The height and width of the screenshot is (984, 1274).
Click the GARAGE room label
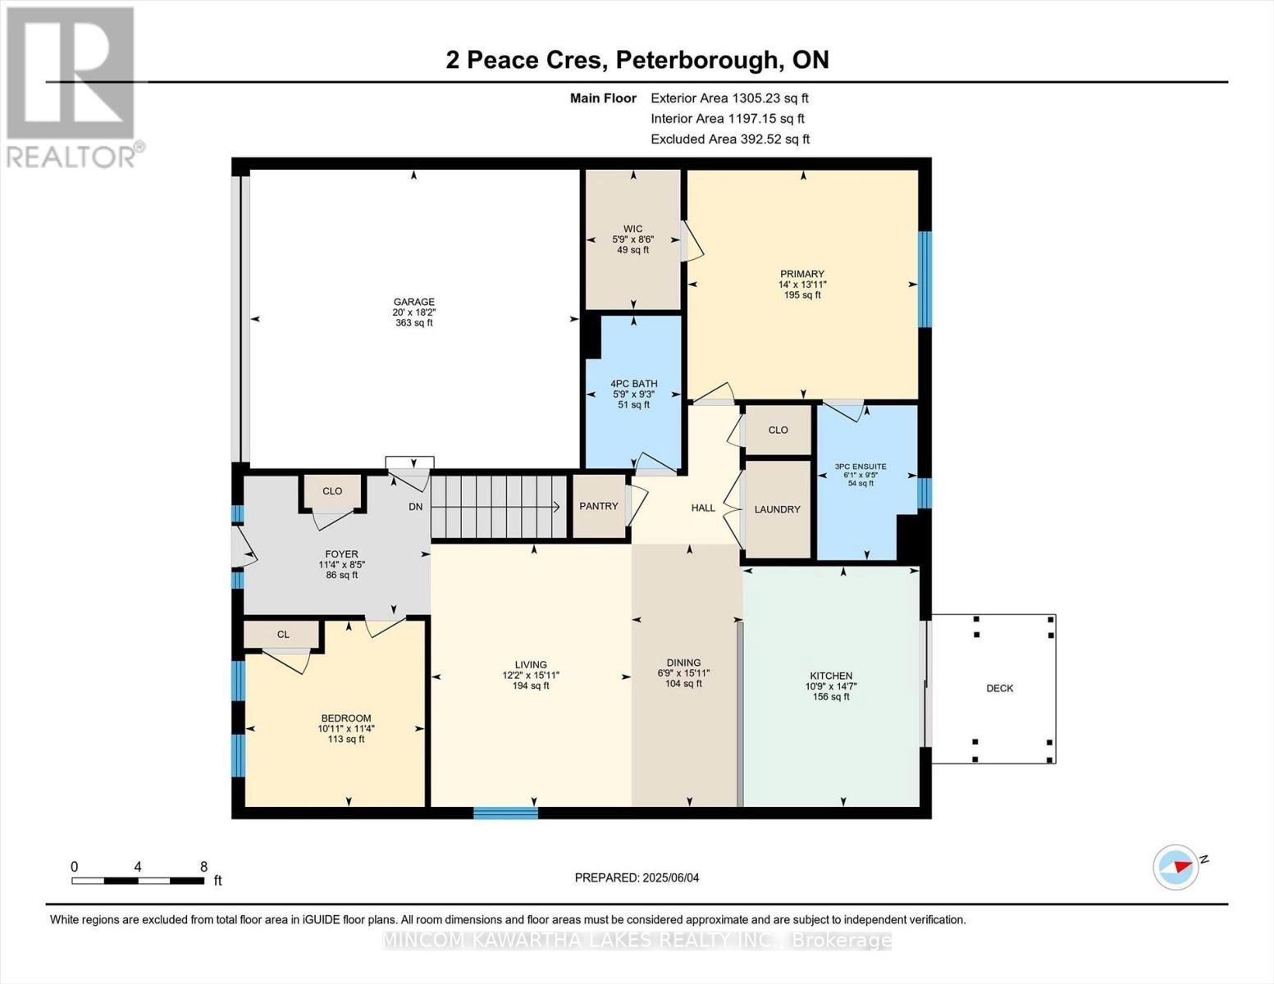coord(413,302)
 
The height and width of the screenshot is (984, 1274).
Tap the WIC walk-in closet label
coord(632,229)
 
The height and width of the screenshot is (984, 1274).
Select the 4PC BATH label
coord(633,383)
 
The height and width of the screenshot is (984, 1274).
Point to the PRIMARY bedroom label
coord(802,274)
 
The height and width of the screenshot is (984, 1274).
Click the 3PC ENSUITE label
coord(861,467)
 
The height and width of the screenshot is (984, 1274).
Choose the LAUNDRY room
coord(777,509)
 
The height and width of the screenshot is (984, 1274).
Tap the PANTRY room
coord(599,506)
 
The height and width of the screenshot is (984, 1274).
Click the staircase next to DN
coord(499,507)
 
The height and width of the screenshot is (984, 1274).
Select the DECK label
coord(999,688)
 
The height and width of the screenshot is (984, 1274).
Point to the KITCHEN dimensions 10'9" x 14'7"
coord(831,686)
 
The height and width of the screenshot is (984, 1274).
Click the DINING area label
coord(683,663)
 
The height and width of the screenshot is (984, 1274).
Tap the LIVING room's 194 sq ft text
coord(531,686)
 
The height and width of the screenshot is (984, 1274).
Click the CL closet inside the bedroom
coord(283,634)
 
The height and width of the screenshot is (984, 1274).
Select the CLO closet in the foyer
coord(332,491)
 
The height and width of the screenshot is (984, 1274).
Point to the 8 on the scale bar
coord(203,867)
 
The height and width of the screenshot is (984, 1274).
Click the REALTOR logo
coord(72,86)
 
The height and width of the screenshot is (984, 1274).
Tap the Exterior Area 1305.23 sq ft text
coord(729,98)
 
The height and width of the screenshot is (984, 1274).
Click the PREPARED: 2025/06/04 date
coord(637,877)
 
